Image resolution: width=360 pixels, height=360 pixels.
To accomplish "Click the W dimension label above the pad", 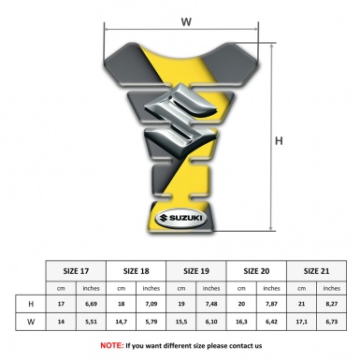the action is point(186,22).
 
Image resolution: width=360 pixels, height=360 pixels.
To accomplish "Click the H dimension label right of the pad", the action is point(279,141).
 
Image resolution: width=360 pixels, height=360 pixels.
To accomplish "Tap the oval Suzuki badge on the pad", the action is point(181,218).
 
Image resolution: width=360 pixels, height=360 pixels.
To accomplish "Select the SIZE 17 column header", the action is point(76,271).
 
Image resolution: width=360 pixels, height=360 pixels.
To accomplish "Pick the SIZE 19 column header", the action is point(196,271).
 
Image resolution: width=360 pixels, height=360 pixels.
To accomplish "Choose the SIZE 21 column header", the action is point(316,271).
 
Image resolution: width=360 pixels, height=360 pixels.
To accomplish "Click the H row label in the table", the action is point(31,304).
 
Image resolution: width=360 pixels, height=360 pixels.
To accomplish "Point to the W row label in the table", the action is point(31,322).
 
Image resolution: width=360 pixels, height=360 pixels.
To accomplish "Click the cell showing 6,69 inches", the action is point(91,304).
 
